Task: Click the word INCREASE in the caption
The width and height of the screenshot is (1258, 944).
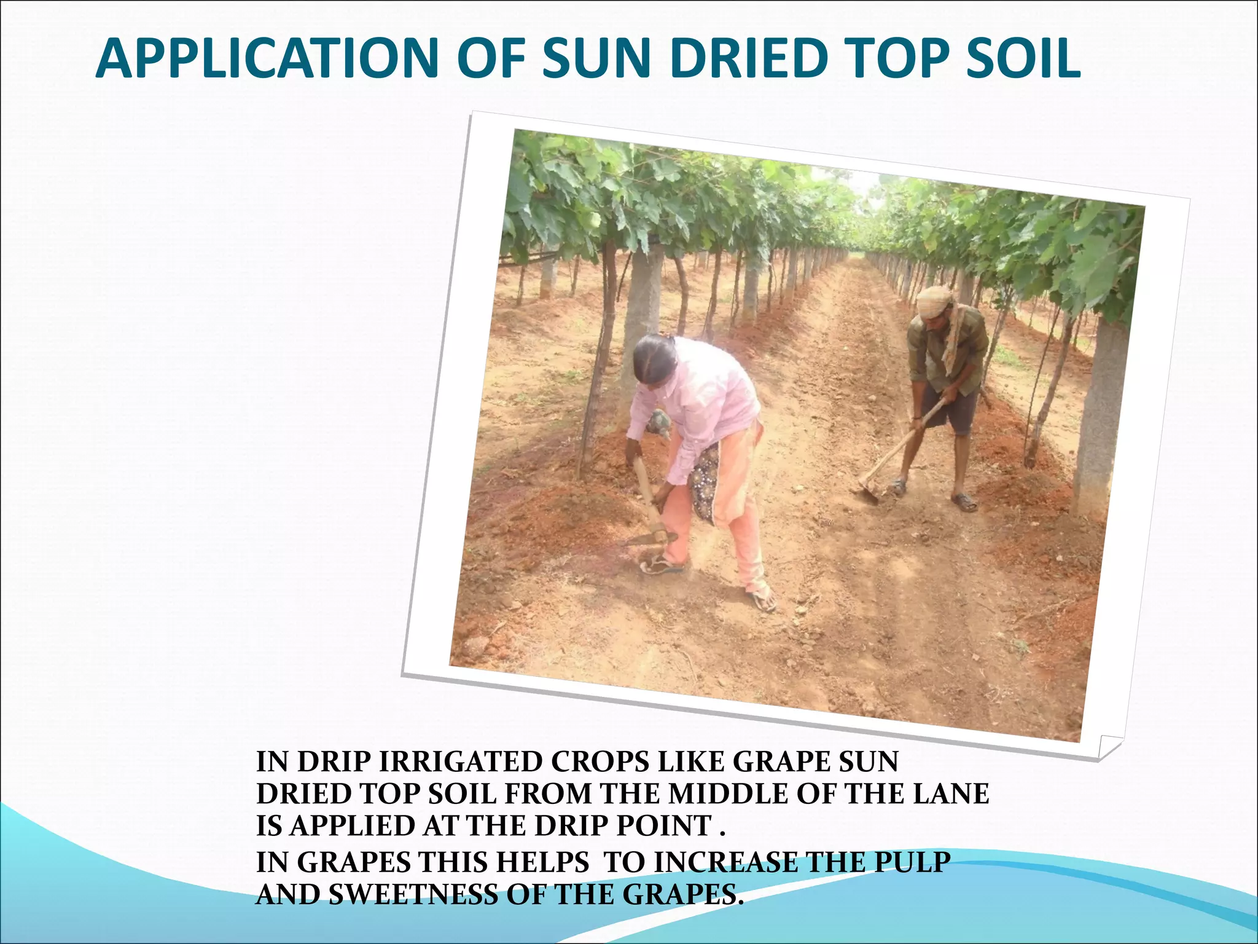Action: tap(725, 862)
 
